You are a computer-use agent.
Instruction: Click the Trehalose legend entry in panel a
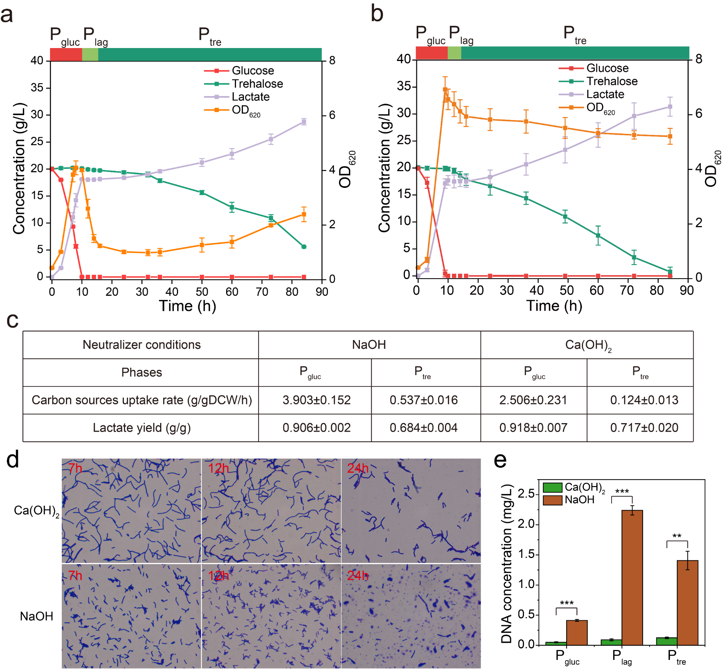[x=243, y=83]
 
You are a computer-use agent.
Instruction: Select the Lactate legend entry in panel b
[x=591, y=94]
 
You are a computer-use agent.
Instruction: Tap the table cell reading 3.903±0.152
[x=316, y=400]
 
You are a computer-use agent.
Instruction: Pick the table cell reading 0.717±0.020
[x=644, y=427]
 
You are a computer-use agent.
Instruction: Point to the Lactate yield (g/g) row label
[x=142, y=428]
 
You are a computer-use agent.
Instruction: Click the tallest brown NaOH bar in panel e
[x=632, y=577]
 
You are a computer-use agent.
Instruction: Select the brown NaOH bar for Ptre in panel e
[x=687, y=602]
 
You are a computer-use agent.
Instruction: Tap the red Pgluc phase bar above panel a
[x=66, y=54]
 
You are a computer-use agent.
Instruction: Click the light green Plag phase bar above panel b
[x=454, y=53]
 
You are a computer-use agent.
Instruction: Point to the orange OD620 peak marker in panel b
[x=445, y=90]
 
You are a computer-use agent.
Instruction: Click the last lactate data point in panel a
[x=304, y=122]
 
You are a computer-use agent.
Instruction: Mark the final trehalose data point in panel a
[x=304, y=247]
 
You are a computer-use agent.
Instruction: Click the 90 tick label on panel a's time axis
[x=322, y=292]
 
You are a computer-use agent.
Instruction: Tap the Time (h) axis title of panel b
[x=554, y=306]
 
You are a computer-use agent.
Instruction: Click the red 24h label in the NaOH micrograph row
[x=358, y=575]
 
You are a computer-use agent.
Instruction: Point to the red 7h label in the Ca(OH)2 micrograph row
[x=75, y=468]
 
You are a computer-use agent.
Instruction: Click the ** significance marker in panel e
[x=677, y=536]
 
